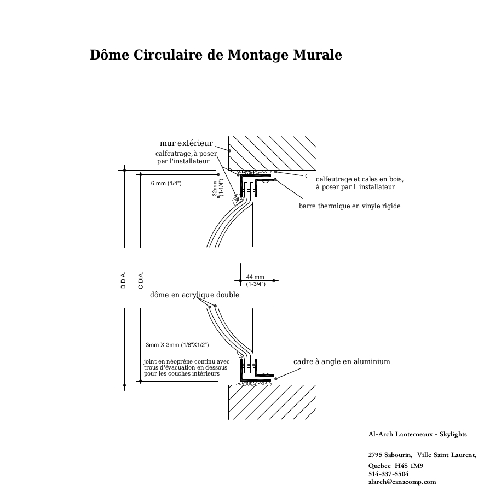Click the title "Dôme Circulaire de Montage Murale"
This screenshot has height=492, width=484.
[216, 55]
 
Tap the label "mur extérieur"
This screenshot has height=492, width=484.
[186, 143]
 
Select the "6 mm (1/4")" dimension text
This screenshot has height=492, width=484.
[166, 183]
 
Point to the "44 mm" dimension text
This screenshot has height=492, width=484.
[255, 277]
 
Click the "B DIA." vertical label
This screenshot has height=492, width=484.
[123, 280]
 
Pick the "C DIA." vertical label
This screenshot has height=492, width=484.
[141, 280]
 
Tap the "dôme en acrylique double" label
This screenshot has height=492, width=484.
[194, 295]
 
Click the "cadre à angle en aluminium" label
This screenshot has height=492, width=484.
[342, 361]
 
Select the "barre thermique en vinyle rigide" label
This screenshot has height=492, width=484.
[349, 206]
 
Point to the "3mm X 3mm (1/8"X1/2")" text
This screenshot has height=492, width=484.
[177, 345]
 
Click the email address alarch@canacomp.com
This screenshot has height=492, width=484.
[402, 482]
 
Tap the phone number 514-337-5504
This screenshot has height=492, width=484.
[388, 474]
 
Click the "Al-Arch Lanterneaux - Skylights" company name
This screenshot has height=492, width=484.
[417, 434]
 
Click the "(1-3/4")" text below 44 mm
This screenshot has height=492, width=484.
[256, 284]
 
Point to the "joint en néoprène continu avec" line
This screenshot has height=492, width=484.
[187, 362]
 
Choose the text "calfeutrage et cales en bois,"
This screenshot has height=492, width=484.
[360, 179]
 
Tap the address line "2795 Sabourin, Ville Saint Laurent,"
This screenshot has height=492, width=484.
[422, 455]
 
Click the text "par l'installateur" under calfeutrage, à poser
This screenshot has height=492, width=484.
[183, 161]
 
